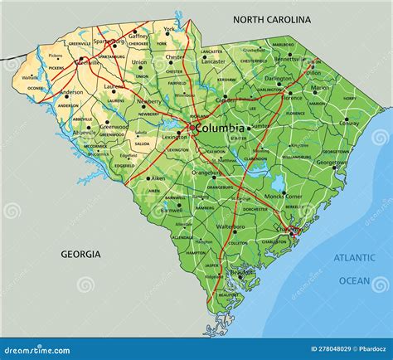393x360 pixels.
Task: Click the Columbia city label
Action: (221, 129)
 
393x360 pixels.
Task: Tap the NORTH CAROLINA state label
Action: (272, 19)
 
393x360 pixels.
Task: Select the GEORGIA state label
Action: (80, 254)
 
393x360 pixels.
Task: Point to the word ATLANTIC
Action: (355, 258)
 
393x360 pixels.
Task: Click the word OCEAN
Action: (355, 280)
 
